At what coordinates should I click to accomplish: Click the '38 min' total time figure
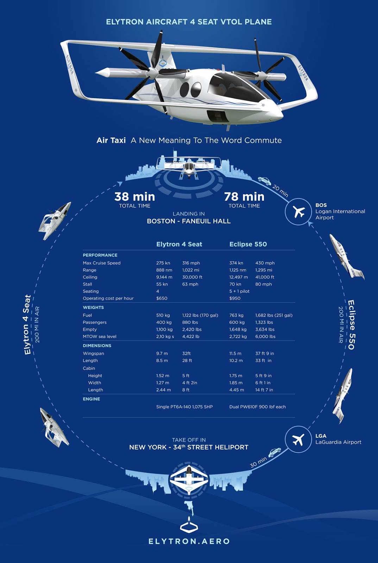[x=134, y=196]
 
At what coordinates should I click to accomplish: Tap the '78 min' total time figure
[x=244, y=196]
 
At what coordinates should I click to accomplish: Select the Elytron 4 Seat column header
[x=179, y=244]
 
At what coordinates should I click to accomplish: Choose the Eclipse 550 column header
[x=248, y=244]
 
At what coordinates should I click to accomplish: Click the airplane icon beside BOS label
[x=298, y=212]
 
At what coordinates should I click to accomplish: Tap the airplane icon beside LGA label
[x=298, y=439]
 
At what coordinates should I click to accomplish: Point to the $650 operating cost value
[x=162, y=298]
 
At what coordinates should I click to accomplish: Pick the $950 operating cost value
[x=235, y=298]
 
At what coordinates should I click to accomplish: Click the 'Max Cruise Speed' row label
[x=102, y=263]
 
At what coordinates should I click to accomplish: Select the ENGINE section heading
[x=92, y=399]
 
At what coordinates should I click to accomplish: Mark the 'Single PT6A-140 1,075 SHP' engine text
[x=184, y=407]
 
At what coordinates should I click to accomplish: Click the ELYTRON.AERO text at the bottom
[x=189, y=541]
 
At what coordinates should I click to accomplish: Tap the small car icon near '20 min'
[x=264, y=181]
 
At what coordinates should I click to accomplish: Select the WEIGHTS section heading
[x=93, y=308]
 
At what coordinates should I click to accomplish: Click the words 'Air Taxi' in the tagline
[x=111, y=140]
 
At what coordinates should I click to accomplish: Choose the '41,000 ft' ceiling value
[x=265, y=277]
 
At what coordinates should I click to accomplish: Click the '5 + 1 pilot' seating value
[x=239, y=291]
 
